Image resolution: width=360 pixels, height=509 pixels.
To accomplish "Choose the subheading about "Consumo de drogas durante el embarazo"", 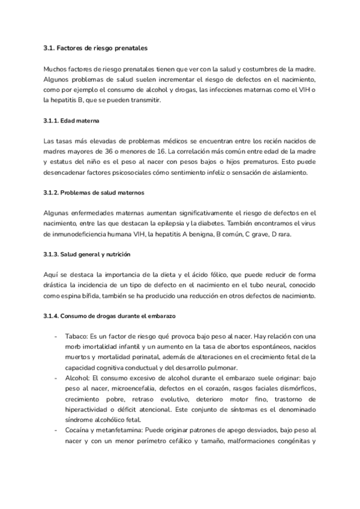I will click(x=109, y=316).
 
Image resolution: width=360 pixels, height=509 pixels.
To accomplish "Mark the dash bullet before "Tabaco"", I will click(x=56, y=336).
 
